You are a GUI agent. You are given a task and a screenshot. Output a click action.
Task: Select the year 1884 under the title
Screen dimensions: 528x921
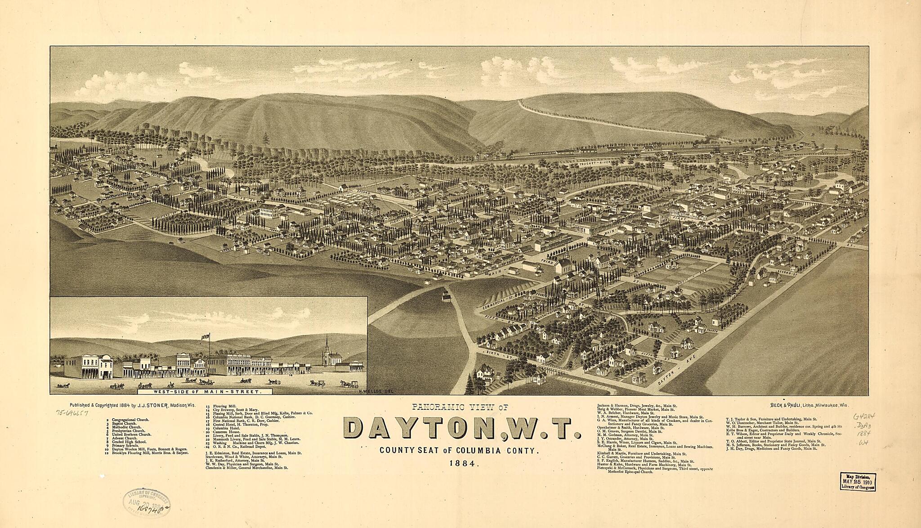[462, 464]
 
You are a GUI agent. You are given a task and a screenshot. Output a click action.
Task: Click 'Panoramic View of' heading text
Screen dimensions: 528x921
[460, 408]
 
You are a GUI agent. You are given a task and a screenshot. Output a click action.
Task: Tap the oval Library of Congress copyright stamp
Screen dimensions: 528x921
[147, 501]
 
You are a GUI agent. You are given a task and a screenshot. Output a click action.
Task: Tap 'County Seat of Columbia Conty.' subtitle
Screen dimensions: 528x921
[459, 450]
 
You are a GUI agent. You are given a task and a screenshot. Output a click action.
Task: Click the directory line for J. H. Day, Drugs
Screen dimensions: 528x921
[771, 448]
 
